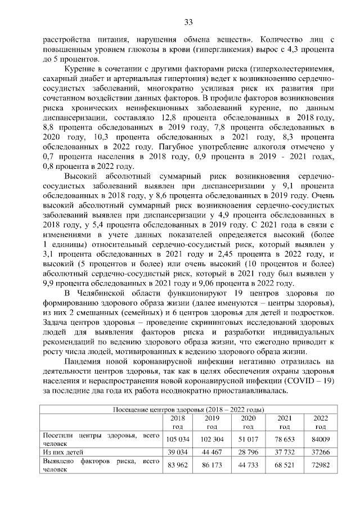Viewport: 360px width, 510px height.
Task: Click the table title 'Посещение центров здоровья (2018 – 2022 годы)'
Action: click(190, 409)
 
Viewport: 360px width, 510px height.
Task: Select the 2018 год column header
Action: click(177, 422)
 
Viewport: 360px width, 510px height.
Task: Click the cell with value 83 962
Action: click(177, 464)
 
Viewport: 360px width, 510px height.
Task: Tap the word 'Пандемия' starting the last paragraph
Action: click(84, 361)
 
